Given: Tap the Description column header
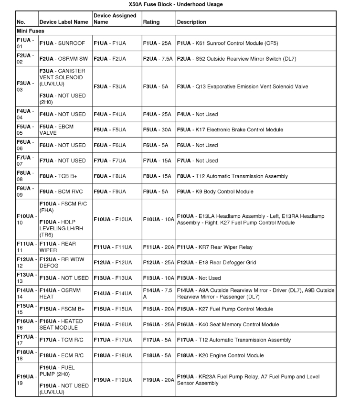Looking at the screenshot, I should (191, 22).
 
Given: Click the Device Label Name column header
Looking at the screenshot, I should (64, 22).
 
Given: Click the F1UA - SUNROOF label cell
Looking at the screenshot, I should (62, 43).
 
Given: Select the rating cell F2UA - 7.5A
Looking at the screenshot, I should (158, 59).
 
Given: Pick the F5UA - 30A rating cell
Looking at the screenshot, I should (157, 129).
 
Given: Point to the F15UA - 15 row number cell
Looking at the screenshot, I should (26, 309).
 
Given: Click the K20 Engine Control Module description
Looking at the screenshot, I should (227, 355).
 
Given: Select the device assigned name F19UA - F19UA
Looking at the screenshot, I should (113, 380).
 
